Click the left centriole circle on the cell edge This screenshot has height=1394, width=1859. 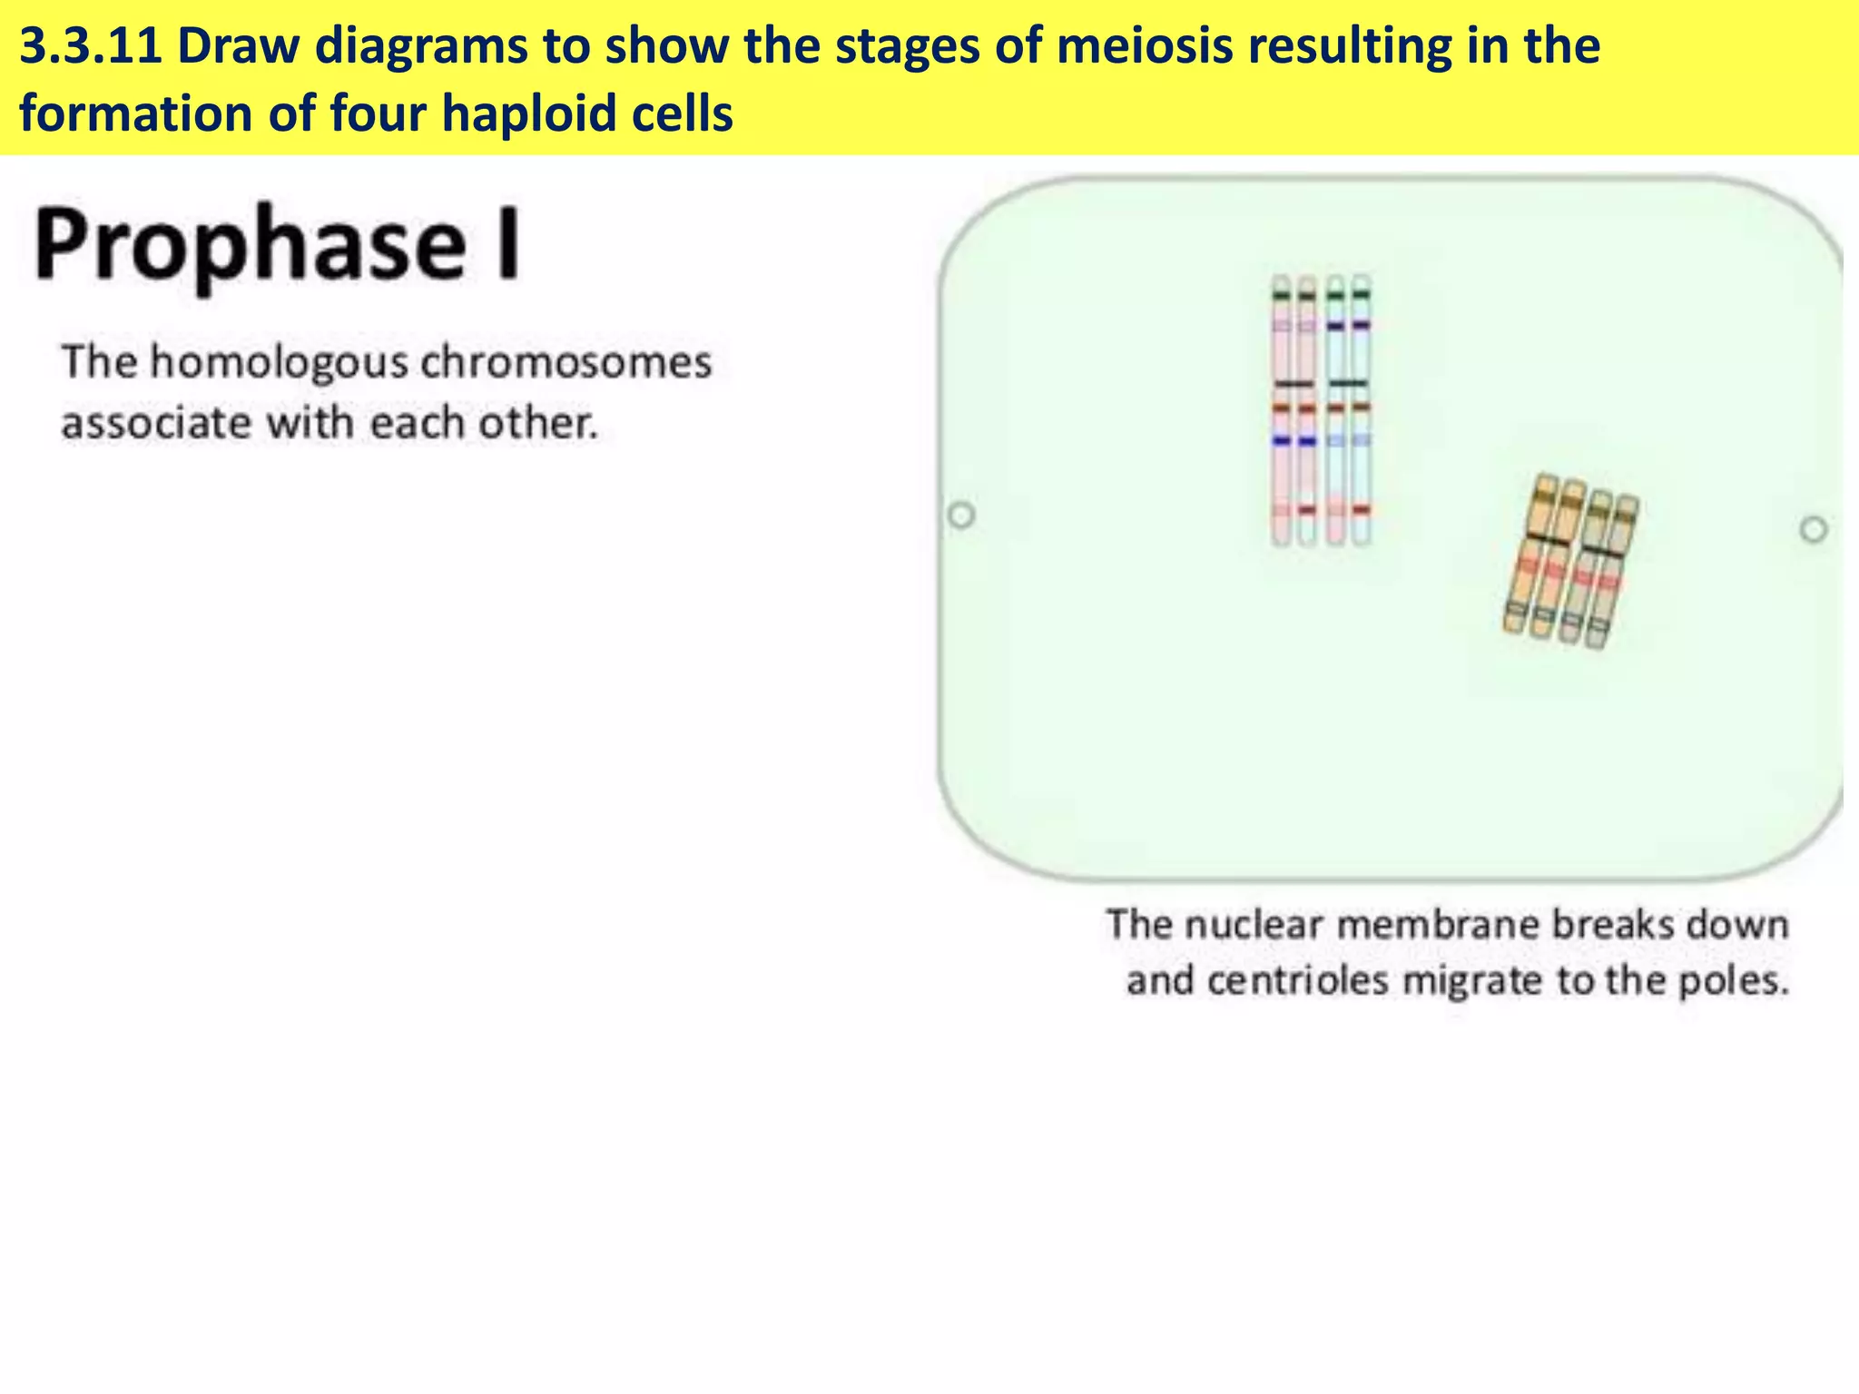[x=961, y=515]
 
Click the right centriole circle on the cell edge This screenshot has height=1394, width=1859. [x=1813, y=529]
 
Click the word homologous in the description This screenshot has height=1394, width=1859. [x=280, y=362]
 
